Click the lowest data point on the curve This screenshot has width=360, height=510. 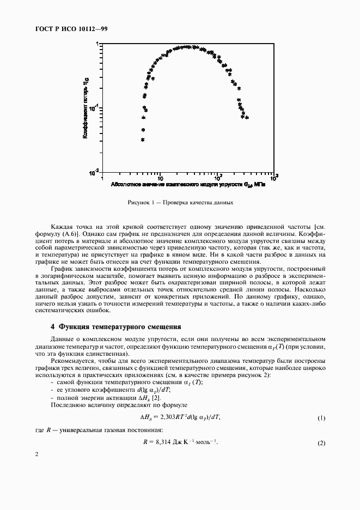(143, 140)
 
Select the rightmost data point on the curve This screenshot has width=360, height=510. (247, 117)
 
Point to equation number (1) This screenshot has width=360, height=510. (321, 418)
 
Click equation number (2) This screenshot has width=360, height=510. (321, 443)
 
